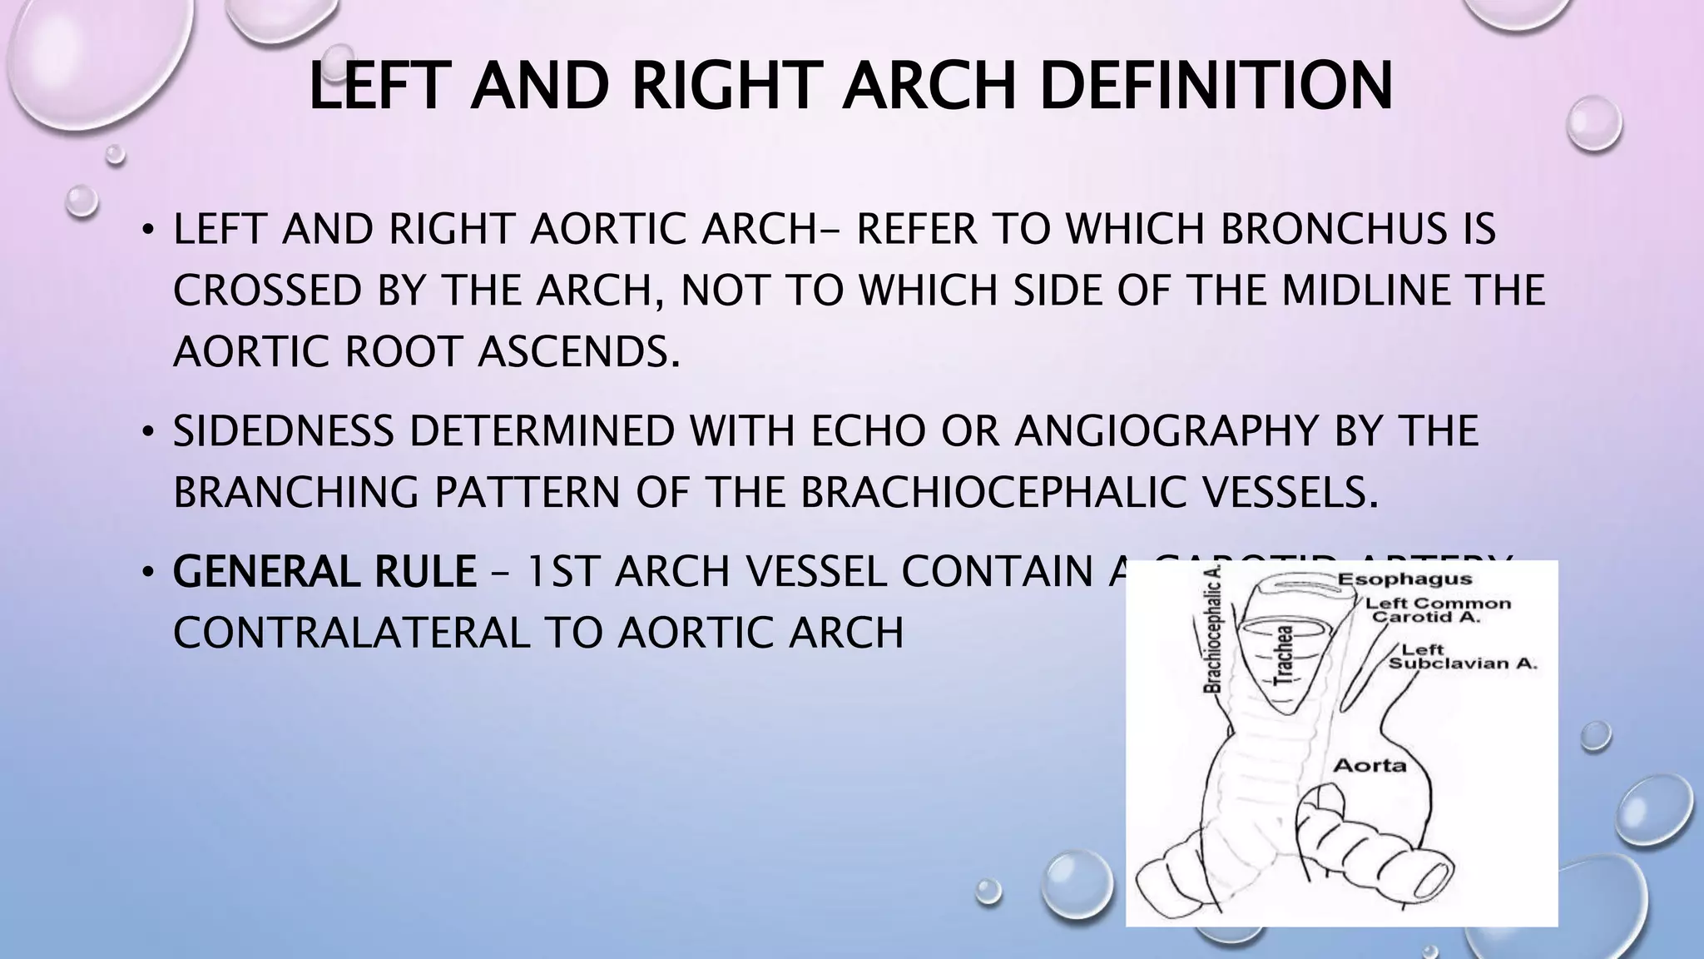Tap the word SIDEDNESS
283,431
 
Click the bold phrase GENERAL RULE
324,572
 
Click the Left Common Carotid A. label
1439,610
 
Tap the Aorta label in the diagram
1370,764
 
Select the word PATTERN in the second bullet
527,492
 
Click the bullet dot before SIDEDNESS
147,432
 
